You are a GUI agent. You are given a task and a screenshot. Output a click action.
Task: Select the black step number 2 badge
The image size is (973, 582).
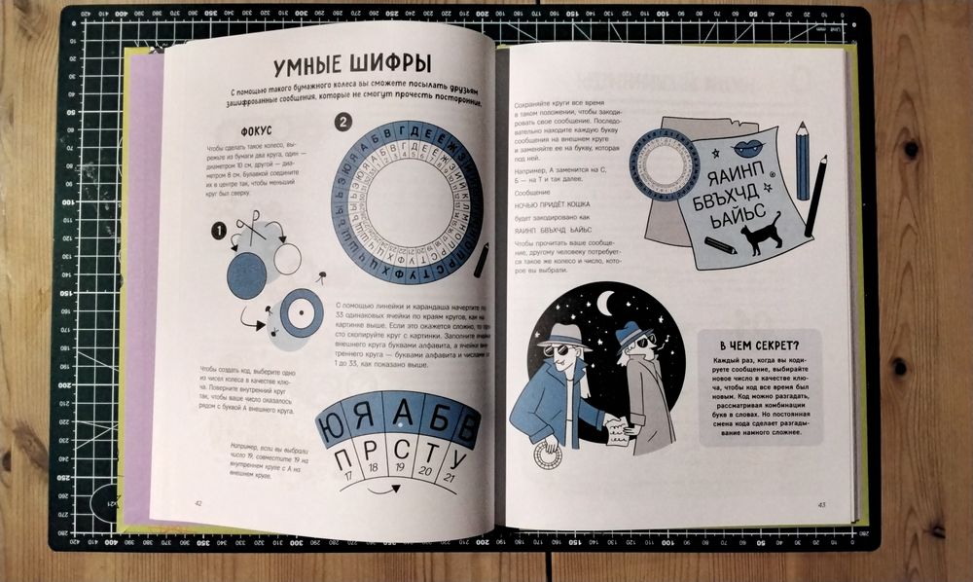pos(342,123)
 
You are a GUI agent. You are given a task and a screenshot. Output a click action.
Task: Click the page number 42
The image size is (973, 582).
pos(198,502)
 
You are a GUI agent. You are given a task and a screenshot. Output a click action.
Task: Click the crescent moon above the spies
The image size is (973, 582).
pos(604,304)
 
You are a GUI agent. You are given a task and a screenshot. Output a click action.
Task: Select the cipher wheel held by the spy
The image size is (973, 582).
pos(548,455)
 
